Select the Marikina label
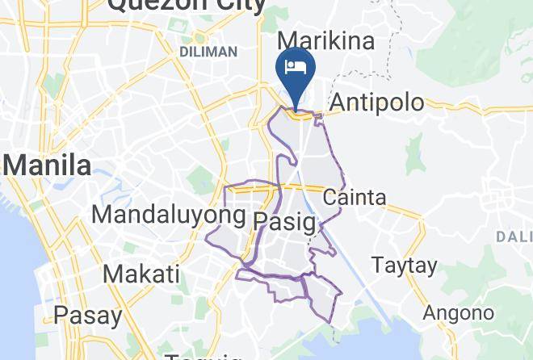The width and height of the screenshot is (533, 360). pyautogui.click(x=326, y=40)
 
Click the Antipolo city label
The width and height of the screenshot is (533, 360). pyautogui.click(x=377, y=103)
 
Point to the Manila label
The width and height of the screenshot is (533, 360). pyautogui.click(x=48, y=166)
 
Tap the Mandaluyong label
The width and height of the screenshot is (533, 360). pyautogui.click(x=168, y=215)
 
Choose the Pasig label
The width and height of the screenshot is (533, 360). pyautogui.click(x=283, y=220)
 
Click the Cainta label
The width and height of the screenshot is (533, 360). pyautogui.click(x=355, y=197)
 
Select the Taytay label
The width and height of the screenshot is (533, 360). pyautogui.click(x=404, y=265)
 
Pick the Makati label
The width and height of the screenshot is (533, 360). pyautogui.click(x=141, y=274)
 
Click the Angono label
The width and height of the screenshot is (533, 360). pyautogui.click(x=459, y=312)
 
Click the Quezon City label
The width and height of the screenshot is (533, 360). pyautogui.click(x=187, y=6)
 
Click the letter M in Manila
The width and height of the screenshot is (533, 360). pyautogui.click(x=15, y=166)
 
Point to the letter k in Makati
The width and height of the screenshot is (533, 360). pyautogui.click(x=138, y=274)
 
